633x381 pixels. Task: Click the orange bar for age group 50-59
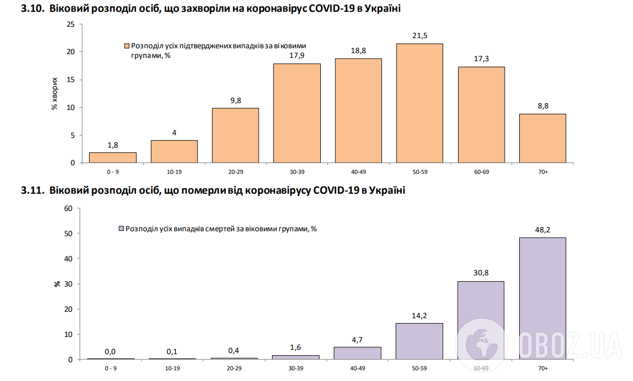pos(419,103)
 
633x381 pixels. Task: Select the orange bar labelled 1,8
pos(113,157)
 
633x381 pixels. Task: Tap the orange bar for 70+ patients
pos(542,138)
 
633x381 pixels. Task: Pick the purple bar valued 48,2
pos(542,298)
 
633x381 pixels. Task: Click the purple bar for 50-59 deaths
pos(419,341)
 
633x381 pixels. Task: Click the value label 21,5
pos(419,35)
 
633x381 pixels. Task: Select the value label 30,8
pos(481,273)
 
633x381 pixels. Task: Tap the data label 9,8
pos(235,100)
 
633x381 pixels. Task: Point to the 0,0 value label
pos(110,351)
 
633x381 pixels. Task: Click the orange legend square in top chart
pos(127,46)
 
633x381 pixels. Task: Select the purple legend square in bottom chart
pos(121,229)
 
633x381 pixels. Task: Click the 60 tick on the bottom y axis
pos(68,208)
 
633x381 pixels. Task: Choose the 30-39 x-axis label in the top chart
pos(297,172)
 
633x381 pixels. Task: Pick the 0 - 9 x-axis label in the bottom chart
pos(113,368)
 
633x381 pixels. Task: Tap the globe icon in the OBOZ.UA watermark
pos(481,342)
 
